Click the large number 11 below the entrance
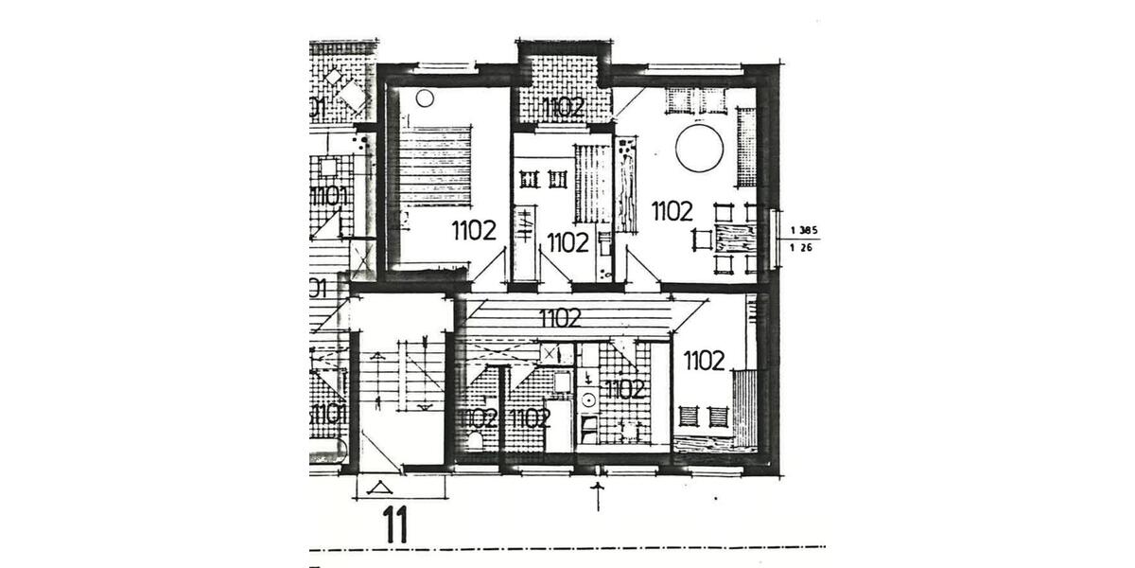coord(396,525)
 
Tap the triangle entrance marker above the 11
coord(382,488)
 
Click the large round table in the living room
coord(699,149)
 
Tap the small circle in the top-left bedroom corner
coord(425,98)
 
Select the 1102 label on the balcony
coord(564,107)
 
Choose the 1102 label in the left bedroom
coord(474,230)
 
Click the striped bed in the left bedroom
coord(436,166)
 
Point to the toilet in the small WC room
coord(476,440)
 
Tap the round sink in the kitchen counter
coord(588,399)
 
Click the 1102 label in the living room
coord(672,210)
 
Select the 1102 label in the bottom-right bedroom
coord(704,360)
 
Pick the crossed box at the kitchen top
coord(550,353)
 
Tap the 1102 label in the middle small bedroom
coord(567,242)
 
